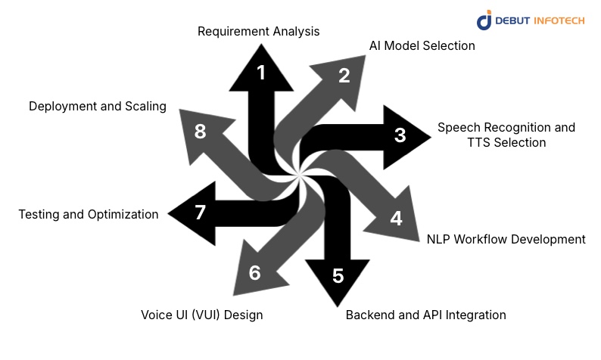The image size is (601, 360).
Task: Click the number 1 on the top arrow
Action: point(261,73)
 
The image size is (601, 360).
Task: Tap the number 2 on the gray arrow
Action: point(344,76)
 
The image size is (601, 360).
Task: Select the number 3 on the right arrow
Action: point(400,135)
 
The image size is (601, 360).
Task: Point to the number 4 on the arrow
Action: point(396,219)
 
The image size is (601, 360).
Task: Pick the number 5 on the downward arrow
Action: point(338,276)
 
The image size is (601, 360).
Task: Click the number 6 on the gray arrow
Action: point(254,273)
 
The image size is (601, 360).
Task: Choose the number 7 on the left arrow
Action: point(200,213)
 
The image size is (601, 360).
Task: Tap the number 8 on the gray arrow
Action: point(200,132)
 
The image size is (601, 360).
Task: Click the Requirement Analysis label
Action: point(259,32)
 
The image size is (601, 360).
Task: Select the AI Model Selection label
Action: point(422,45)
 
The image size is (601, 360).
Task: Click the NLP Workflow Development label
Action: point(506,239)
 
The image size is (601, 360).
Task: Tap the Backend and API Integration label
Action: point(425,315)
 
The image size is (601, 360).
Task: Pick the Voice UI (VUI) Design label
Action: point(202,315)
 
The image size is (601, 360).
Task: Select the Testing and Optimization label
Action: point(89,214)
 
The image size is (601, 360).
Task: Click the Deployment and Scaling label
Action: point(98,107)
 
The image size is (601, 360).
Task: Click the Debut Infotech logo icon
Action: point(485,20)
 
